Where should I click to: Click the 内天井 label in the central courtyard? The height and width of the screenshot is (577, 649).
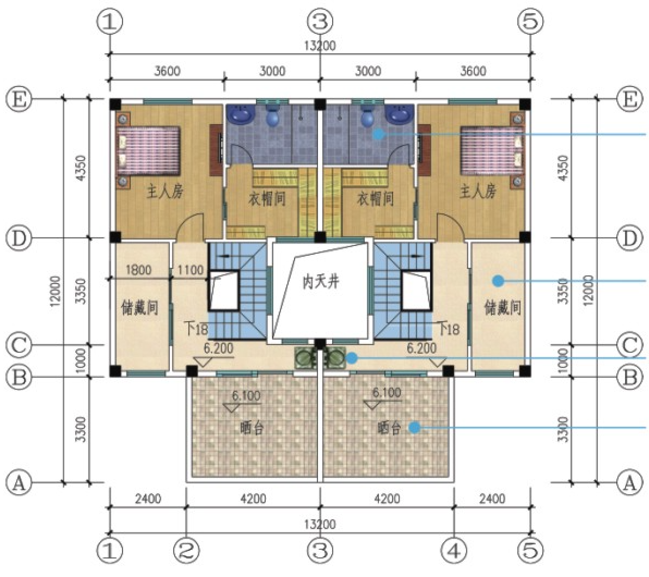pos(321,283)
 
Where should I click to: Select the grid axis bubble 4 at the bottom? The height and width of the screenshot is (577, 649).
pos(454,550)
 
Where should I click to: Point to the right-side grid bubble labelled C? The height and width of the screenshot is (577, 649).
pos(629,345)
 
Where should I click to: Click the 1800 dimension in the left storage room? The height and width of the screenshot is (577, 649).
pos(138,271)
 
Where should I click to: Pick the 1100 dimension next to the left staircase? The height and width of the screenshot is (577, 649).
pos(191,271)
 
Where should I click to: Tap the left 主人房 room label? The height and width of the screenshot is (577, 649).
pos(165,192)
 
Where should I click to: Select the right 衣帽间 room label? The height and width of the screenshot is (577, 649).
pos(375,199)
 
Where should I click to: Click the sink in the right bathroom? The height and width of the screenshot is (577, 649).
pos(399,113)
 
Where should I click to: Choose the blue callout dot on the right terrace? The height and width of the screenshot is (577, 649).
pos(415,427)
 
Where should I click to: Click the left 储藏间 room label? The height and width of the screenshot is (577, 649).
pos(139,308)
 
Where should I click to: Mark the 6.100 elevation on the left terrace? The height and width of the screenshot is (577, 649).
pos(246,395)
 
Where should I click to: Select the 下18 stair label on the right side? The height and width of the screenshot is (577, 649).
pos(449,329)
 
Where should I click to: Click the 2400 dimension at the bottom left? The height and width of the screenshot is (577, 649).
pos(148,499)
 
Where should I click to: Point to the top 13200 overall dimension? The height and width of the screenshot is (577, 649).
pos(320,46)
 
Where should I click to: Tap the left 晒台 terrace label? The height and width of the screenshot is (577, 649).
pos(252,427)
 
